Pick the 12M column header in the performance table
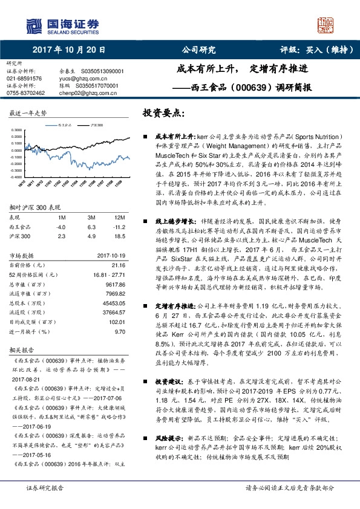tap(120, 217)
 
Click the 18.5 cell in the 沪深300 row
tap(120, 235)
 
